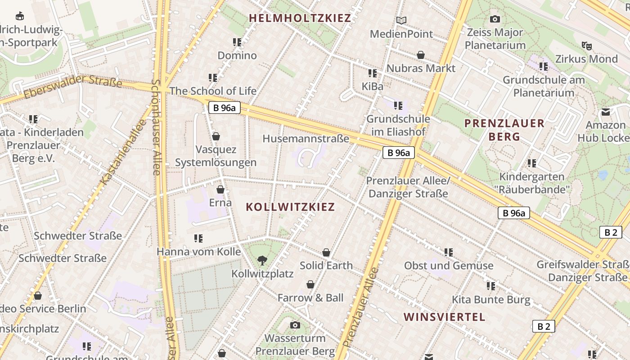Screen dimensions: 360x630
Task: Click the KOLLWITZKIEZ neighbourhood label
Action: click(x=290, y=207)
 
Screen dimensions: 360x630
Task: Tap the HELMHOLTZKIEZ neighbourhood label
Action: click(x=300, y=18)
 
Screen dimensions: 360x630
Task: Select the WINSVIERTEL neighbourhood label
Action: click(x=445, y=317)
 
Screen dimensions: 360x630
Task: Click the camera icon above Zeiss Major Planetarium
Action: click(x=495, y=19)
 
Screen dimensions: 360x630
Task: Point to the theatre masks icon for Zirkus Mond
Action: click(x=586, y=45)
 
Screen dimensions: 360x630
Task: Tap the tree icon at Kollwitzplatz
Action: click(x=262, y=260)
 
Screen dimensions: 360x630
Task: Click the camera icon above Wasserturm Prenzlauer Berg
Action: click(x=295, y=325)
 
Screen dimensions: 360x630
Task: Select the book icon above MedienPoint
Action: click(x=401, y=20)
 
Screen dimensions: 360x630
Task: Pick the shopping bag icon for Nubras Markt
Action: click(x=421, y=55)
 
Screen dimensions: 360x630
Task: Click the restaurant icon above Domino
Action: click(x=237, y=42)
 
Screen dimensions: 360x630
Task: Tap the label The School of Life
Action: click(x=213, y=91)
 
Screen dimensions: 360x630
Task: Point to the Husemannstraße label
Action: click(x=306, y=139)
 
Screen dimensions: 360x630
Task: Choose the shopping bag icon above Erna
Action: click(x=220, y=189)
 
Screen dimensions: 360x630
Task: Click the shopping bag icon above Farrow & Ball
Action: click(x=310, y=284)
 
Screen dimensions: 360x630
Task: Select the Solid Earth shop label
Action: click(x=326, y=265)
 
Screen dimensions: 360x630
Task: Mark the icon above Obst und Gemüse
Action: click(x=448, y=252)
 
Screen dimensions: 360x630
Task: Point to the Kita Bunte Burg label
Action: click(x=491, y=300)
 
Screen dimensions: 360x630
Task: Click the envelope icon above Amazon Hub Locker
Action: click(x=606, y=112)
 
